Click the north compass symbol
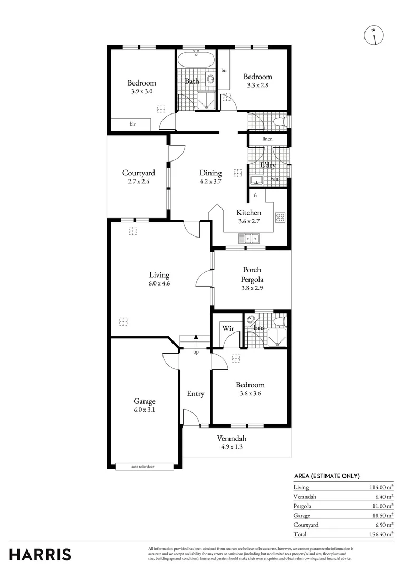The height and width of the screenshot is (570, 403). (373, 35)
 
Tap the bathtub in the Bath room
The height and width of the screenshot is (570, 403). (196, 59)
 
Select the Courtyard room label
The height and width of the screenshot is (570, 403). (138, 173)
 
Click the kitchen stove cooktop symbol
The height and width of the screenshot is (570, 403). (280, 217)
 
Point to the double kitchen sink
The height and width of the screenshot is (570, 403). (249, 239)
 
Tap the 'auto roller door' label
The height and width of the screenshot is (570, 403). (143, 467)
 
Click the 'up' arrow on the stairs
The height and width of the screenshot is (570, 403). (196, 341)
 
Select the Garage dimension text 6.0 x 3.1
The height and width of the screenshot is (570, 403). (144, 410)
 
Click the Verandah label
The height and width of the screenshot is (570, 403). (232, 439)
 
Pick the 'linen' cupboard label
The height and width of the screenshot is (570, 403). (267, 139)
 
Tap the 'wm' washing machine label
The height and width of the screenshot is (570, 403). (275, 179)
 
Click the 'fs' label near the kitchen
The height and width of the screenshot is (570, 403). (256, 196)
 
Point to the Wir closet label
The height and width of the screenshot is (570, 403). (228, 329)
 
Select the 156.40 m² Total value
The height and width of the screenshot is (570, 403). (379, 534)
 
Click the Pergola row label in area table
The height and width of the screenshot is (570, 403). (302, 506)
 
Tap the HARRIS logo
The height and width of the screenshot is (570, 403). (40, 555)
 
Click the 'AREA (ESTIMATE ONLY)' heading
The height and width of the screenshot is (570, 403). (327, 476)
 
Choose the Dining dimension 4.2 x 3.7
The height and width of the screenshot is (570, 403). (210, 182)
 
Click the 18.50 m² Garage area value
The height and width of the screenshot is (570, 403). (381, 516)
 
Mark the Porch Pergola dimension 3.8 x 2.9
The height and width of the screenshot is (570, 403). (252, 288)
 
